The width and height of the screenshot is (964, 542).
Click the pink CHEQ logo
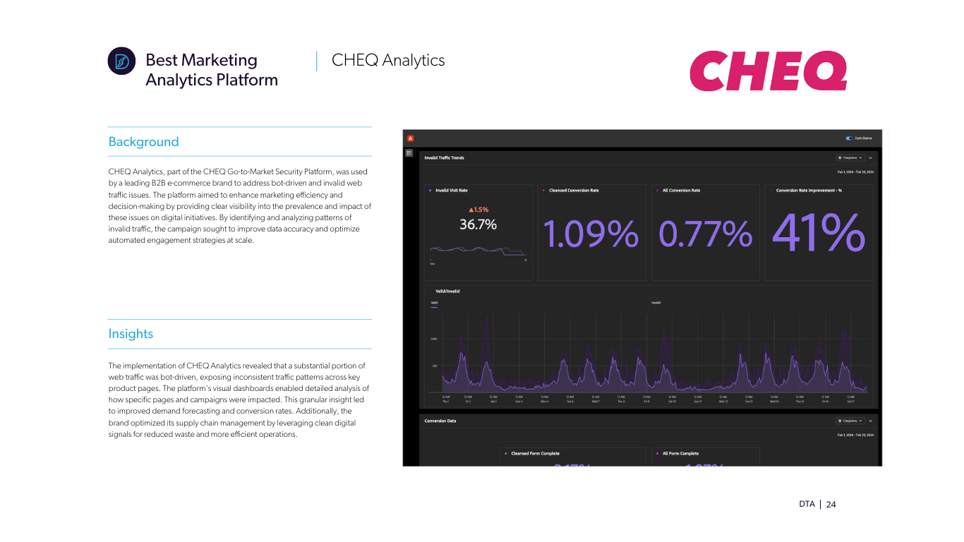(768, 71)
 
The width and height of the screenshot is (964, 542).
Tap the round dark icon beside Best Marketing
(121, 61)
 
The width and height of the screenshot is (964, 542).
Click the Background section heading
(143, 142)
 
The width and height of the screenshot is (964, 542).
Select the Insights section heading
(131, 334)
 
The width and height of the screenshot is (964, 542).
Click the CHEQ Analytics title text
(388, 61)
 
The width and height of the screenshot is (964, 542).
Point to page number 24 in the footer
(831, 505)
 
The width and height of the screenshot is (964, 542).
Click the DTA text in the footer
(807, 505)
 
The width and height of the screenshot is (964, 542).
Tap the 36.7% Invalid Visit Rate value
(478, 225)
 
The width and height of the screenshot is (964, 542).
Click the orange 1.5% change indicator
(478, 210)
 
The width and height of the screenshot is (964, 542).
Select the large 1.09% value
(591, 234)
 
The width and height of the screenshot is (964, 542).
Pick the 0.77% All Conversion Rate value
(705, 234)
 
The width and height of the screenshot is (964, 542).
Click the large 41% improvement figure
(819, 233)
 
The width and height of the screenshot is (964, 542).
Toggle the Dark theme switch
(849, 138)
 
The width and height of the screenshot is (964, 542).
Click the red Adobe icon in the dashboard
(410, 138)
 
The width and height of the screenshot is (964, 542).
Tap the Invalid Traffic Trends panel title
(444, 158)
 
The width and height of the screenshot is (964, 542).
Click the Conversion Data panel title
(440, 421)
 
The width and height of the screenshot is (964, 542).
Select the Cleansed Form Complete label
(535, 454)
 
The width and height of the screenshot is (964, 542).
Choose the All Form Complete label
(680, 454)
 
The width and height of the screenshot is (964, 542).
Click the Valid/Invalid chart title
(447, 291)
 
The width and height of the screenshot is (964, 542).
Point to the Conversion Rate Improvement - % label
(809, 191)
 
